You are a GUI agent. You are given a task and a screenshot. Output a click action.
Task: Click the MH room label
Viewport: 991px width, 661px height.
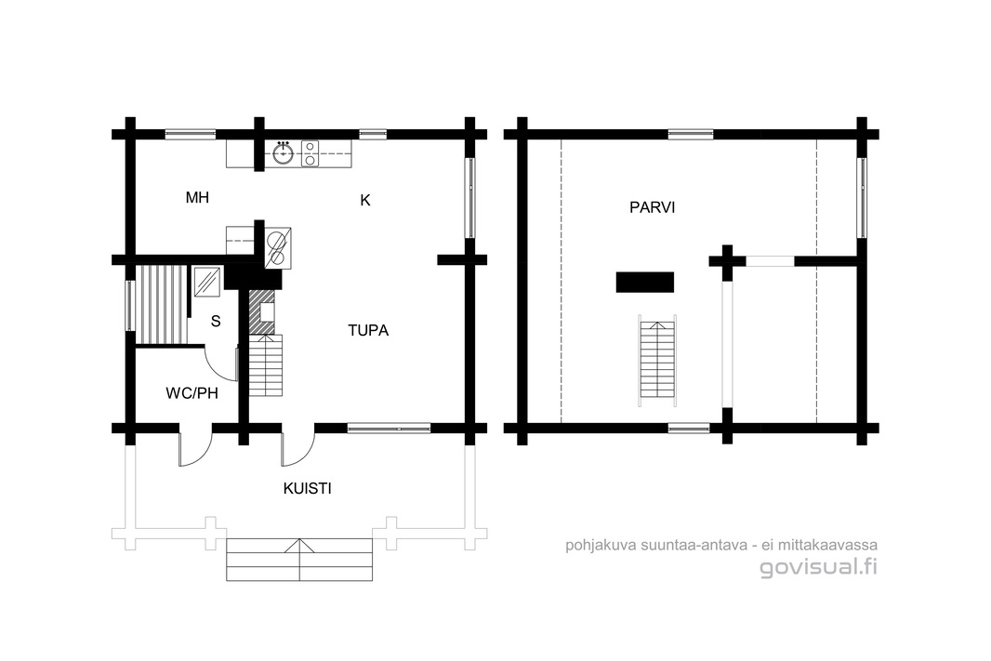[x=197, y=198]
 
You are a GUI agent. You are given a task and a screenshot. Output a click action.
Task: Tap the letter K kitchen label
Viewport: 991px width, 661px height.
[x=365, y=200]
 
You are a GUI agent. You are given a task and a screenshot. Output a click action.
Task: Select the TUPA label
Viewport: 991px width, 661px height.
[x=368, y=331]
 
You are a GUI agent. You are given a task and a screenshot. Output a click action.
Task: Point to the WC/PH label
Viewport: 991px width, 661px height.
[x=192, y=393]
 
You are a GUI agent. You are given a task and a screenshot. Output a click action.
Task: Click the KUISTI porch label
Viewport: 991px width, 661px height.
[x=307, y=488]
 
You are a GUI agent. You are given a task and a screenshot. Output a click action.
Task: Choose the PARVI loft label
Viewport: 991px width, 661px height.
[x=653, y=207]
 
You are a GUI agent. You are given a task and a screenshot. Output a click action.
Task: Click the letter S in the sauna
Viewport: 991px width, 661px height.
[x=216, y=322]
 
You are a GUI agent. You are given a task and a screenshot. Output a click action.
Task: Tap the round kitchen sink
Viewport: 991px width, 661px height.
[x=284, y=152]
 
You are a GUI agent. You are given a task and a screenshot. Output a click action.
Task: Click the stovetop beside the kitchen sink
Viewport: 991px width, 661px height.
[x=310, y=152]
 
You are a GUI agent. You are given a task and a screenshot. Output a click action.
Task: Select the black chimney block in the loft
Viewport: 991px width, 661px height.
[x=644, y=282]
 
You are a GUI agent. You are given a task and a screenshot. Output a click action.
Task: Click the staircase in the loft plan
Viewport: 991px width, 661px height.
[x=658, y=360]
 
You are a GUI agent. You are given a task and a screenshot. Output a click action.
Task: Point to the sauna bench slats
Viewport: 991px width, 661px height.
[x=163, y=304]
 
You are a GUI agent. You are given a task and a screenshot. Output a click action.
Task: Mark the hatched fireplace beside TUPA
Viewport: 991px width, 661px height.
[x=261, y=311]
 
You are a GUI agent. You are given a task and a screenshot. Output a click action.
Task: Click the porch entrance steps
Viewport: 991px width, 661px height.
[x=299, y=560]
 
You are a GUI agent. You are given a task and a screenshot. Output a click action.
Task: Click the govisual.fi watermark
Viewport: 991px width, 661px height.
[x=818, y=567]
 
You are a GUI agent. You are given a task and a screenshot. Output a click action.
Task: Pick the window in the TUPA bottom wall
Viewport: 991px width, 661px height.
[x=390, y=429]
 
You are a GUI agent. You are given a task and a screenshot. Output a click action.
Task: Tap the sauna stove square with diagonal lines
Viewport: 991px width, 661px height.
[x=206, y=282]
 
